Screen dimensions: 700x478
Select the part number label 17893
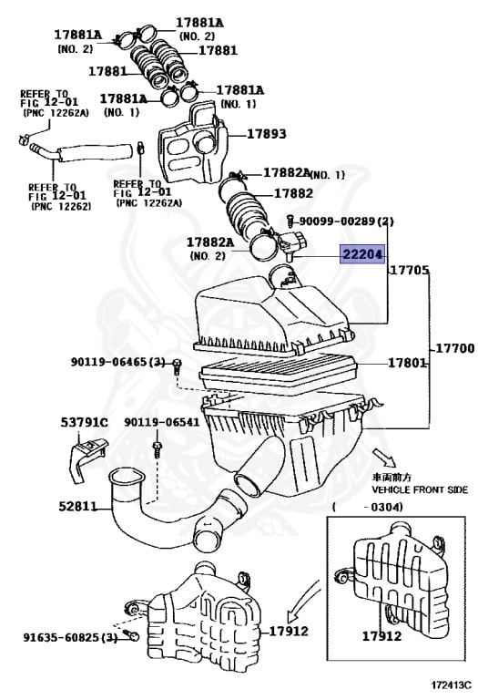[x=267, y=134]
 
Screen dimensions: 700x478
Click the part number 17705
[x=408, y=272]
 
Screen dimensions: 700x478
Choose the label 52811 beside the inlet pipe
[x=80, y=507]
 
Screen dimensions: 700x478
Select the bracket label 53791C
[x=84, y=422]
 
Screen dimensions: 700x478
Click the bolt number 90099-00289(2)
[x=347, y=221]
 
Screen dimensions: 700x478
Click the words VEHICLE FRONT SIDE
[x=421, y=489]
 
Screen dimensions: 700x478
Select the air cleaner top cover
[x=273, y=314]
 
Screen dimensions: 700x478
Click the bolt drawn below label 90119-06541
[x=158, y=448]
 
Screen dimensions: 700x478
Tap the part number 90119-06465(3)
[x=118, y=363]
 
